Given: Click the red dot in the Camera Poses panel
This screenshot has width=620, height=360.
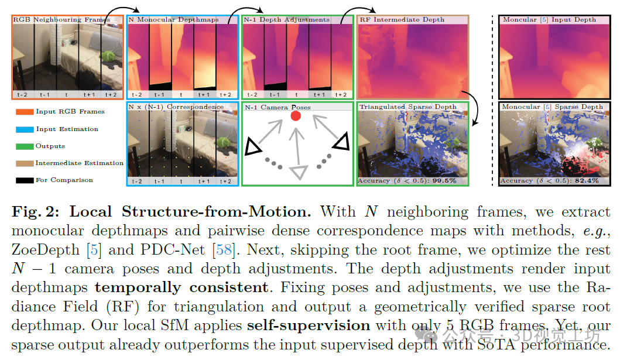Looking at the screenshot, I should click(x=296, y=116).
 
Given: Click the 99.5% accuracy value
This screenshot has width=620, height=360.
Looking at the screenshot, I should click(x=444, y=181).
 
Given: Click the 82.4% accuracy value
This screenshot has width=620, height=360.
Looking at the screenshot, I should click(x=587, y=181).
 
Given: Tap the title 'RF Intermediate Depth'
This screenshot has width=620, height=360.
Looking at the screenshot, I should click(x=402, y=20).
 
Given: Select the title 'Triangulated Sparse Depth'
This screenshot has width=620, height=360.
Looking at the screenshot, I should click(x=408, y=107).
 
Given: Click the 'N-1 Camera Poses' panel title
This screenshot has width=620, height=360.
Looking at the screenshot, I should click(x=278, y=107).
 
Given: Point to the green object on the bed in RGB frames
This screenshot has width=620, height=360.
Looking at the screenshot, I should click(x=108, y=57).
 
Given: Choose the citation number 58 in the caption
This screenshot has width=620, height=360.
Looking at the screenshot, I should click(x=224, y=250).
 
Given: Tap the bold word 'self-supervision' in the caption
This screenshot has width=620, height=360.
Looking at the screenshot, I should click(x=308, y=325).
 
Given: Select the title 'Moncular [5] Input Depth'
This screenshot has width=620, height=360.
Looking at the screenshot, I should click(x=549, y=20).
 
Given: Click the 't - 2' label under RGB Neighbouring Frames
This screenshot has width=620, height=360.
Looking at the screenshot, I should click(x=22, y=94).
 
